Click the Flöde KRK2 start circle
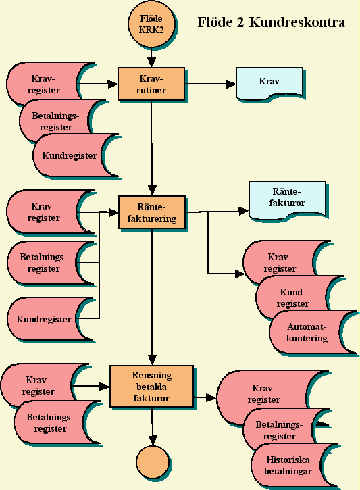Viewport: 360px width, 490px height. (x=151, y=24)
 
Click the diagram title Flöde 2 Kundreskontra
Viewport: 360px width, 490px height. (x=272, y=22)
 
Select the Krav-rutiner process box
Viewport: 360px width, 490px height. (x=151, y=84)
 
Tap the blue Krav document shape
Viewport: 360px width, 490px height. (x=269, y=83)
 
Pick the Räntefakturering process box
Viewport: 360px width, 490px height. (x=152, y=212)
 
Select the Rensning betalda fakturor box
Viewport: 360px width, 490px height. (x=152, y=386)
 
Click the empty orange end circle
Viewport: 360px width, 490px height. (x=153, y=462)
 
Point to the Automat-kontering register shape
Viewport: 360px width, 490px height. (x=312, y=333)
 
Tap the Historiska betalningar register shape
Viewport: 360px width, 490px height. (x=294, y=465)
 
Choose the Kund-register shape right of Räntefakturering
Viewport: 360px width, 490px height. (x=298, y=297)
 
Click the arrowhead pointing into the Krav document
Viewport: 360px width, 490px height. (x=231, y=84)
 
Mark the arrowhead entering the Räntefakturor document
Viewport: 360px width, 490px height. (x=244, y=212)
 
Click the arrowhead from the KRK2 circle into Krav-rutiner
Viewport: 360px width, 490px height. (x=151, y=62)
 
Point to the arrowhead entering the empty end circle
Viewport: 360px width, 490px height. (x=153, y=440)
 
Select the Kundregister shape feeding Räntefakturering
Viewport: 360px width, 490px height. (x=50, y=320)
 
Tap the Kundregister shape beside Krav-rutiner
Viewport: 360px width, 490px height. (x=76, y=155)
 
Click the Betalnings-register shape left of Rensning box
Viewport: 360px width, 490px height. (x=57, y=422)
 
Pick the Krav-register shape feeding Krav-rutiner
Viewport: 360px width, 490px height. (x=50, y=84)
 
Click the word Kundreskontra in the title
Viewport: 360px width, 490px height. (x=297, y=22)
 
